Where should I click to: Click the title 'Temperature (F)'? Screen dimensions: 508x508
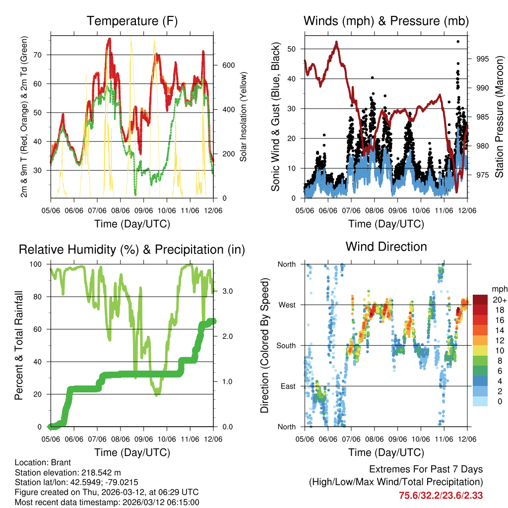coord(132,21)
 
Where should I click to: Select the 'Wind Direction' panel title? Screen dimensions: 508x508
coord(386,246)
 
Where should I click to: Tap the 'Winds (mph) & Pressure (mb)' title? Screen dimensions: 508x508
coord(386,21)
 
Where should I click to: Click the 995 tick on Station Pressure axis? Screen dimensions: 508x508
coord(482,59)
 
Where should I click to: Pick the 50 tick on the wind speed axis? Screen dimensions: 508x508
coord(295,49)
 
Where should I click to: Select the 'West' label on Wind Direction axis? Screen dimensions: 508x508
coord(286,305)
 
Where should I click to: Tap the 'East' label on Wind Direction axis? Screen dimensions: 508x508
coord(287,386)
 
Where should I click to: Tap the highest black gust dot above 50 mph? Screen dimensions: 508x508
coord(458,42)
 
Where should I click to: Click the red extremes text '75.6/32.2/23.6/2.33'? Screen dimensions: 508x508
coord(441,495)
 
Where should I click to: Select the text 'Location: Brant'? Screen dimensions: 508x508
coord(43,462)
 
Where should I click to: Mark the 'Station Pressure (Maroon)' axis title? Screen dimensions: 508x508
coord(499,117)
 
